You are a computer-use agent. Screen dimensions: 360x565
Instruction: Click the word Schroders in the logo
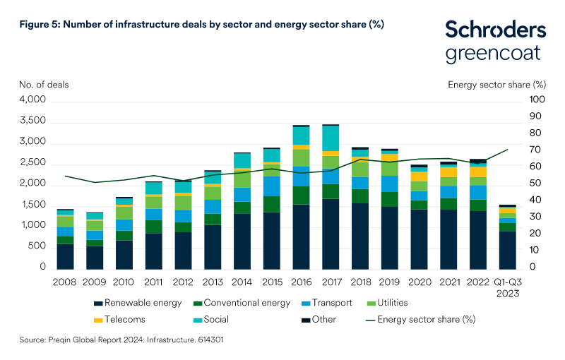click(495, 30)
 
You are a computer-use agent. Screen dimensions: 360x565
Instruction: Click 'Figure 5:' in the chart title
click(40, 25)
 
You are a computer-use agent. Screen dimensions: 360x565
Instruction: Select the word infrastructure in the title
click(136, 25)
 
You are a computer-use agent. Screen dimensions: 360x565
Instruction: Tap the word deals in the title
click(182, 25)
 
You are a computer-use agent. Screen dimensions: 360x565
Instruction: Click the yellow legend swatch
click(98, 320)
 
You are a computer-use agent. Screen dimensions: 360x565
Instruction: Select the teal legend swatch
click(198, 320)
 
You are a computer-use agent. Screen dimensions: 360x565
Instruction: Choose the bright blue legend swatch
click(306, 304)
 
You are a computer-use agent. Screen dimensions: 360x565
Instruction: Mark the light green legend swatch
click(371, 304)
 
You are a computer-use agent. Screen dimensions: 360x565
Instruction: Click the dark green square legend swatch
click(198, 304)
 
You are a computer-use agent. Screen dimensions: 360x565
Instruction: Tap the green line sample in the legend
click(370, 320)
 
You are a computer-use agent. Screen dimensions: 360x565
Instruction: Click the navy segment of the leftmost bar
click(65, 257)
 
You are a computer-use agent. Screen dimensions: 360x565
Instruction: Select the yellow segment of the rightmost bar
click(507, 210)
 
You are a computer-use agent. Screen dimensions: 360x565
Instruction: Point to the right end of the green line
click(508, 150)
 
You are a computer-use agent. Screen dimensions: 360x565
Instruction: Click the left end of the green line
click(65, 176)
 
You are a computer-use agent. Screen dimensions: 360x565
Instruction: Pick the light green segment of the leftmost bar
click(65, 221)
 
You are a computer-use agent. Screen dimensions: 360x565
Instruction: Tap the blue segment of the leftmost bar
click(65, 232)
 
